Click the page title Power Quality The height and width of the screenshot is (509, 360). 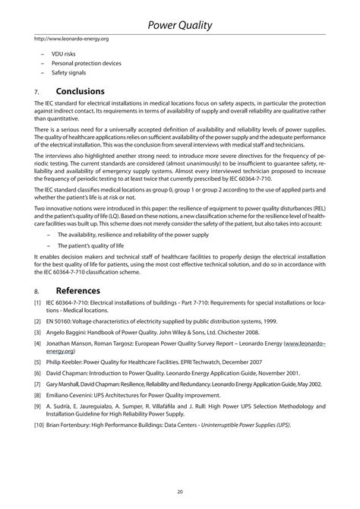(180, 26)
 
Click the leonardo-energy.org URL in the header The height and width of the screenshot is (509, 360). (71, 38)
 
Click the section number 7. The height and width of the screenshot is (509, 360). (36, 93)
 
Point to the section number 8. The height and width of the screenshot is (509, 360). (36, 291)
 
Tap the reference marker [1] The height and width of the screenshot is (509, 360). (38, 303)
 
